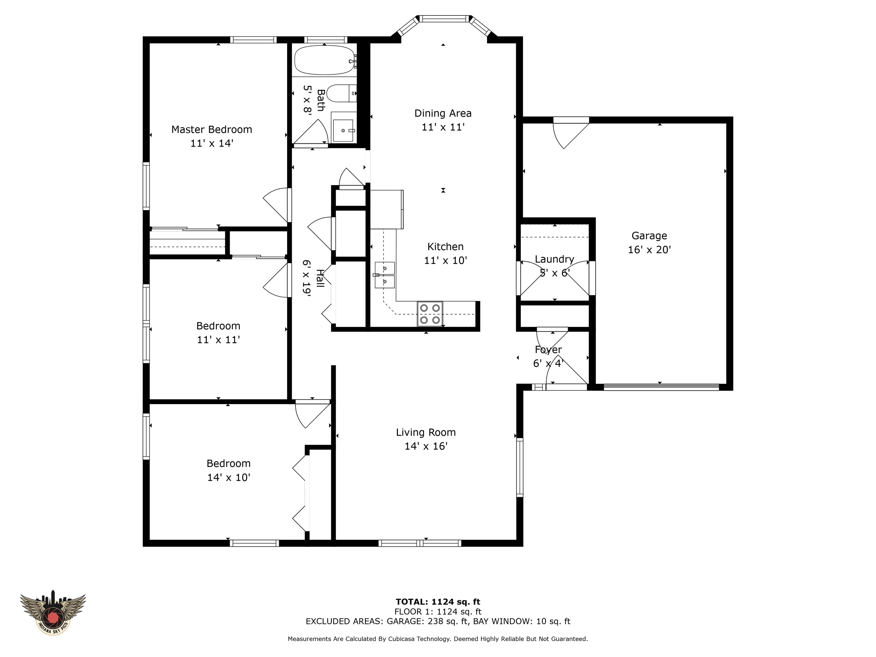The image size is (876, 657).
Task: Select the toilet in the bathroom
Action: pos(341,94)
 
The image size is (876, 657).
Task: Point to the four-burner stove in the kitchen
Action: pos(430,314)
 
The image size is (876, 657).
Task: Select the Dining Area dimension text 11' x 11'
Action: pos(443,127)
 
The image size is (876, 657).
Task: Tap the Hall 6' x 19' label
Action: pos(313,278)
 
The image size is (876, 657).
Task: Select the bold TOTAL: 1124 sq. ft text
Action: pos(438,602)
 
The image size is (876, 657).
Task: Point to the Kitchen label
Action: pos(445,247)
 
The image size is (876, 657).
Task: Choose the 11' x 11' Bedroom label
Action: pos(218,333)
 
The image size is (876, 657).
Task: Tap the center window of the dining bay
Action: pos(443,19)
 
